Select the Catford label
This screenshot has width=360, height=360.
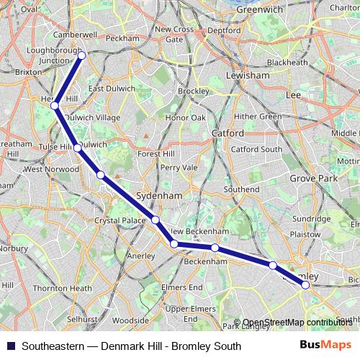point(228,133)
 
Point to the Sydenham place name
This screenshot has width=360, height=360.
point(154,195)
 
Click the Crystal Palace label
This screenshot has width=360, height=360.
point(120,220)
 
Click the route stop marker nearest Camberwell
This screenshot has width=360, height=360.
point(81,55)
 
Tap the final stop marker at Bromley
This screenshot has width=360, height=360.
point(305,285)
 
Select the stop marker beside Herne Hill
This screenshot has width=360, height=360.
point(55,107)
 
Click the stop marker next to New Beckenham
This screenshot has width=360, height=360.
point(174,244)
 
